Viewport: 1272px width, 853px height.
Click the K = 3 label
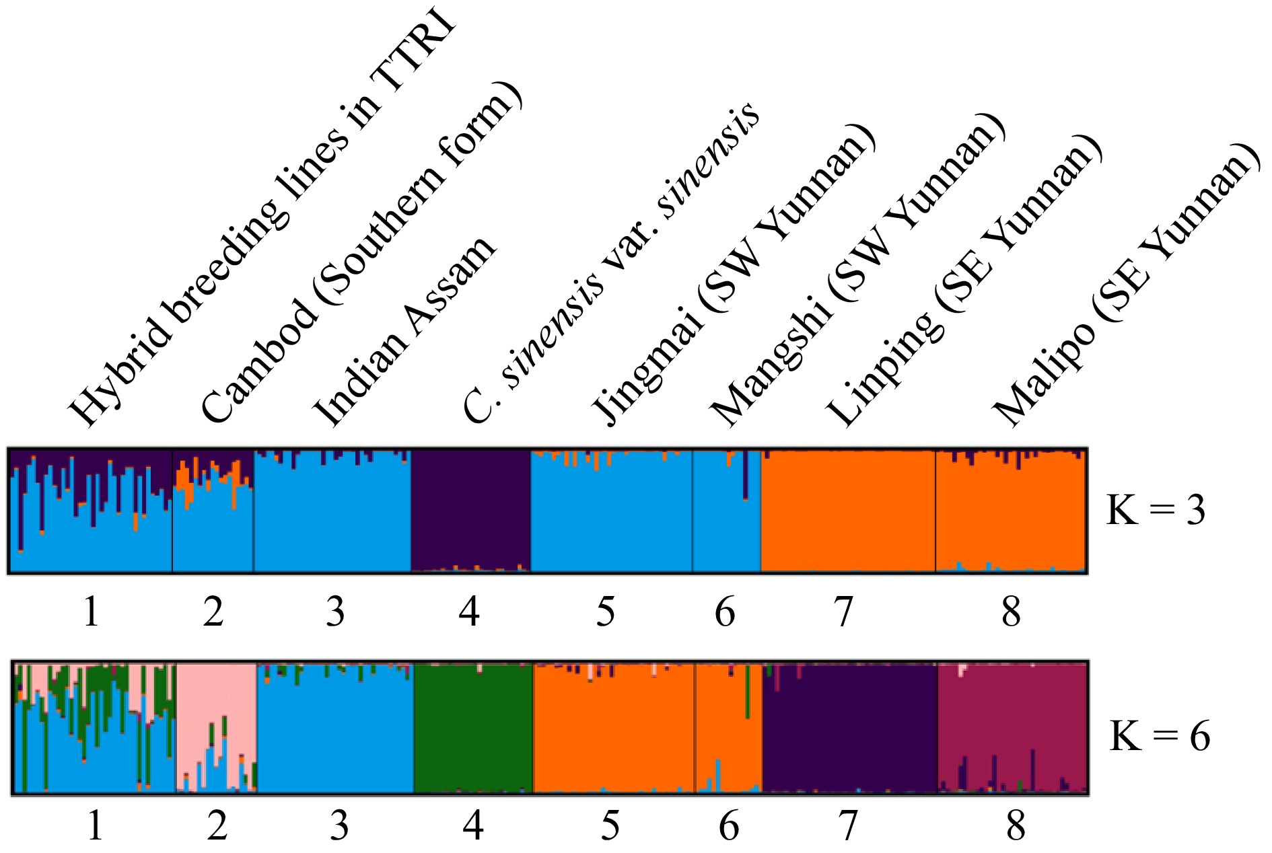(x=1156, y=511)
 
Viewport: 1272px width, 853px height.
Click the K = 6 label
(x=1160, y=736)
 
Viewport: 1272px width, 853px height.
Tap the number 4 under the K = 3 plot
(x=469, y=611)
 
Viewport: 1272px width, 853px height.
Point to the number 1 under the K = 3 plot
(x=92, y=611)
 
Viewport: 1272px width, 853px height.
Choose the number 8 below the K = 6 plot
(x=1016, y=825)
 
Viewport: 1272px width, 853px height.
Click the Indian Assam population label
(x=404, y=333)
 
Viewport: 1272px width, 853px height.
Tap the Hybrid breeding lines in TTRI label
(x=262, y=222)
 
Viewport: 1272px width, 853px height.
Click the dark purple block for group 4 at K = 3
(x=470, y=508)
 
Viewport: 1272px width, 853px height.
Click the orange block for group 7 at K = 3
(x=847, y=511)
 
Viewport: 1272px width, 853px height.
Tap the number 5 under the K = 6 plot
(x=610, y=825)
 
